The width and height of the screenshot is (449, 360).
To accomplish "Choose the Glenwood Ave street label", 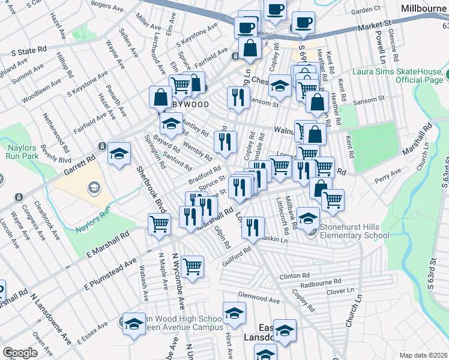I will [259, 298].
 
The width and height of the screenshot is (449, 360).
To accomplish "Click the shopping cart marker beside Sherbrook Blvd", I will [160, 224].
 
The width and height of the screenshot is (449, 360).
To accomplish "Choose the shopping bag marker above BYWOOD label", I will [161, 97].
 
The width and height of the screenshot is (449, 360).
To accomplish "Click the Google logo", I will [20, 353].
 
